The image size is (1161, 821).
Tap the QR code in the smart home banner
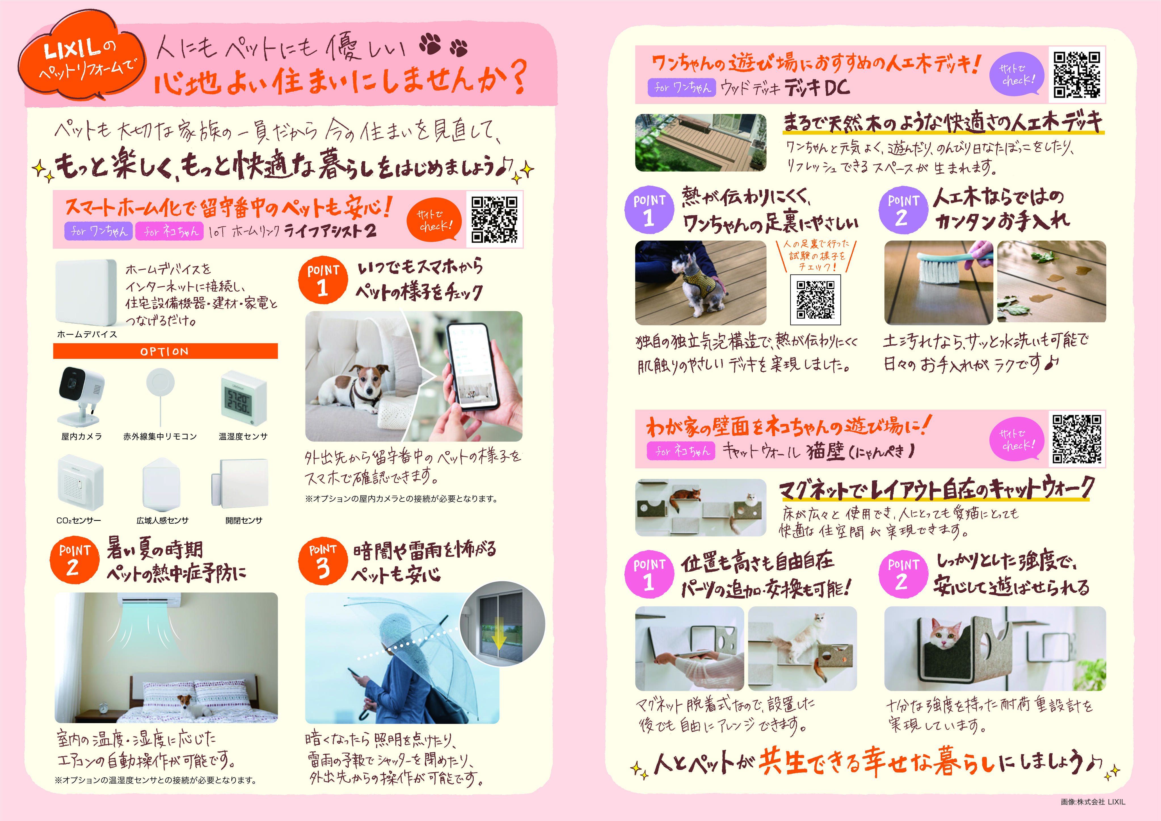tap(494, 220)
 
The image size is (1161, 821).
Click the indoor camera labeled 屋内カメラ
tap(81, 395)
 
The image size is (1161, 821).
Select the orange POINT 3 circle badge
tap(322, 561)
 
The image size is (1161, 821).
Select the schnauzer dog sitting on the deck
tap(700, 283)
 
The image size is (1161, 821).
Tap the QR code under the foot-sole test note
tap(815, 300)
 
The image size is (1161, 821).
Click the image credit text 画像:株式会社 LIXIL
tap(1092, 802)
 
